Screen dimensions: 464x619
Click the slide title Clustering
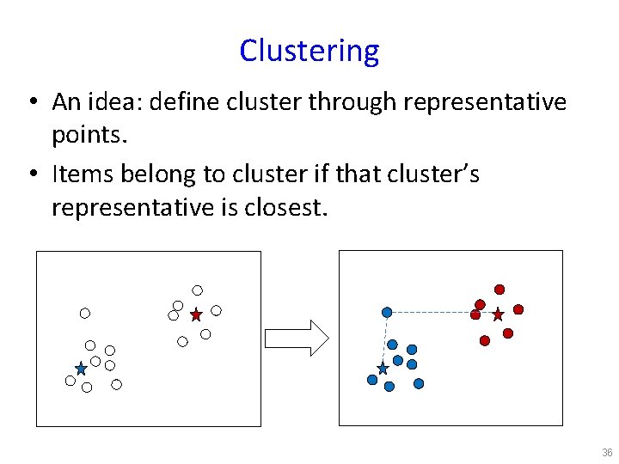pyautogui.click(x=309, y=52)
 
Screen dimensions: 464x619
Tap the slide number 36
pyautogui.click(x=607, y=453)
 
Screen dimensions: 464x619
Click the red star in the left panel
pyautogui.click(x=196, y=314)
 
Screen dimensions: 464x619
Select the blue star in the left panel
pyautogui.click(x=81, y=369)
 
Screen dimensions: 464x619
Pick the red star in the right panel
pyautogui.click(x=498, y=314)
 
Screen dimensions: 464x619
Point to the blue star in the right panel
pyautogui.click(x=383, y=369)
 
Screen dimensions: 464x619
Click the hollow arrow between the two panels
pyautogui.click(x=296, y=338)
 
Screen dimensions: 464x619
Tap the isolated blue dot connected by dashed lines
pyautogui.click(x=387, y=312)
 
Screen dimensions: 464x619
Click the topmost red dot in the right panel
pyautogui.click(x=499, y=290)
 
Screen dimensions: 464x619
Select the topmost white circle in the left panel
pyautogui.click(x=197, y=290)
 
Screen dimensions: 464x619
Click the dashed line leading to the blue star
pyautogui.click(x=385, y=339)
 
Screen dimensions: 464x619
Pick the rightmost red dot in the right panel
pyautogui.click(x=518, y=309)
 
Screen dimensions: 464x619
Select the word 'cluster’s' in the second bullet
pyautogui.click(x=432, y=174)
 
